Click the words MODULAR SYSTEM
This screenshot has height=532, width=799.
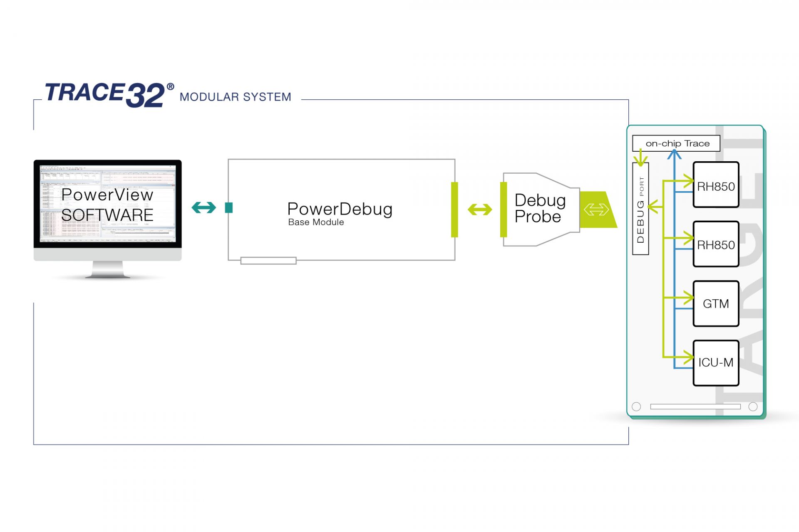coord(235,97)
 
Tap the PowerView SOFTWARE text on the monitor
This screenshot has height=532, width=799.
coord(107,205)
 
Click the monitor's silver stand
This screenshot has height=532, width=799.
coord(107,270)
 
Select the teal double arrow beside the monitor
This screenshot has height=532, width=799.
coord(204,207)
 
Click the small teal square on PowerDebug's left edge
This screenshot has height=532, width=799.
coord(228,207)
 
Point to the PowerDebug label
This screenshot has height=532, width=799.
coord(340,209)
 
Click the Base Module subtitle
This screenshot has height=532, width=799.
coord(316,222)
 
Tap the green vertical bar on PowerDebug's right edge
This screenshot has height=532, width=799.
coord(454,209)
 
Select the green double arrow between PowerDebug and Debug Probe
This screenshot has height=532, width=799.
coord(480,209)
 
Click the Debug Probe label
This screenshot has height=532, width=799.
coord(540,209)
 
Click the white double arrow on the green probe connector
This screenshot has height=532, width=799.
coord(596,209)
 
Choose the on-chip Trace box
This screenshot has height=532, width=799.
coord(676,143)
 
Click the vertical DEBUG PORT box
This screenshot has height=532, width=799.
coord(640,209)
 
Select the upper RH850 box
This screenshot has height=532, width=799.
coord(716,185)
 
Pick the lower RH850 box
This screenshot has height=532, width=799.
coord(716,244)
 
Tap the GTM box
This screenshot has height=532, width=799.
coord(716,304)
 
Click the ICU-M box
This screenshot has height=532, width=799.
coord(716,363)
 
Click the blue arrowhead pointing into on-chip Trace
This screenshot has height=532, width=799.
coord(674,155)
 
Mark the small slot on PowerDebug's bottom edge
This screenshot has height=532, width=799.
coord(268,261)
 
